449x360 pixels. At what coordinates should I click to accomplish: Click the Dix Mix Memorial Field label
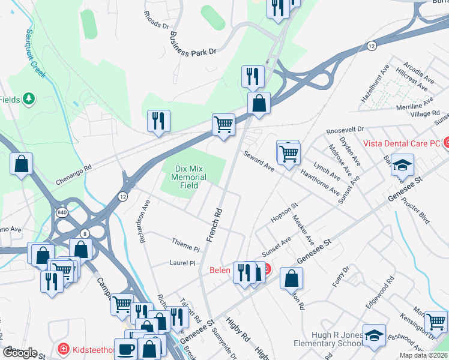pyautogui.click(x=188, y=177)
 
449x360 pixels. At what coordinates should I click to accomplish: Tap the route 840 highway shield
pyautogui.click(x=62, y=212)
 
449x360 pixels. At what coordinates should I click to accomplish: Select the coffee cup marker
pyautogui.click(x=125, y=348)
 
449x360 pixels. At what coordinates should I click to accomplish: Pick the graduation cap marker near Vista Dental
pyautogui.click(x=403, y=164)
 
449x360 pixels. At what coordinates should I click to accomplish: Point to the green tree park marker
pyautogui.click(x=29, y=99)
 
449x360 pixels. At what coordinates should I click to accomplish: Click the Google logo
pyautogui.click(x=20, y=353)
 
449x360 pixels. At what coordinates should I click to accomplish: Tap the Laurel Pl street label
pyautogui.click(x=182, y=263)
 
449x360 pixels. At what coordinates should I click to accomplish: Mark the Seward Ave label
pyautogui.click(x=258, y=161)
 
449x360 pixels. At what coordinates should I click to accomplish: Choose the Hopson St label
pyautogui.click(x=284, y=213)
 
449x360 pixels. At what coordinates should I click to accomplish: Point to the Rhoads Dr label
pyautogui.click(x=157, y=21)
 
